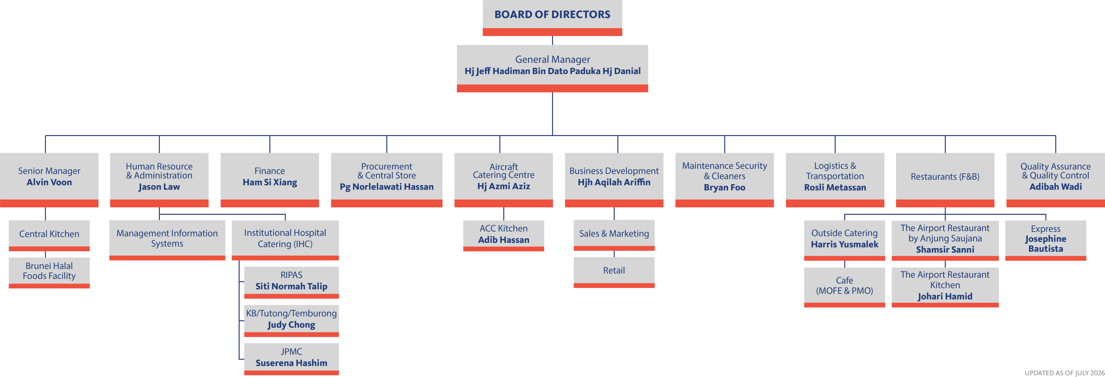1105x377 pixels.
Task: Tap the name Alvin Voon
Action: point(49,182)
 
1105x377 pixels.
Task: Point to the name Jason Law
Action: point(159,187)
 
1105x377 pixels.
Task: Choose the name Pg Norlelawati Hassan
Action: point(387,187)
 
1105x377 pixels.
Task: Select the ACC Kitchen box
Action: point(504,236)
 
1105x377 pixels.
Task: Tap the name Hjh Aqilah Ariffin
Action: point(614,182)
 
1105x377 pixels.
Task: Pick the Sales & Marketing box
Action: point(614,235)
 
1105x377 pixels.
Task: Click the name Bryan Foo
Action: point(724,187)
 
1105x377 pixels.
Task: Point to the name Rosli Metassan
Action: point(835,187)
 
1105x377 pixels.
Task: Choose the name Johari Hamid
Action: point(945,296)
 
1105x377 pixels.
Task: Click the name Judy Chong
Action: point(291,325)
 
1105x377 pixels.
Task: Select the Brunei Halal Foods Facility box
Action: point(49,273)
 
